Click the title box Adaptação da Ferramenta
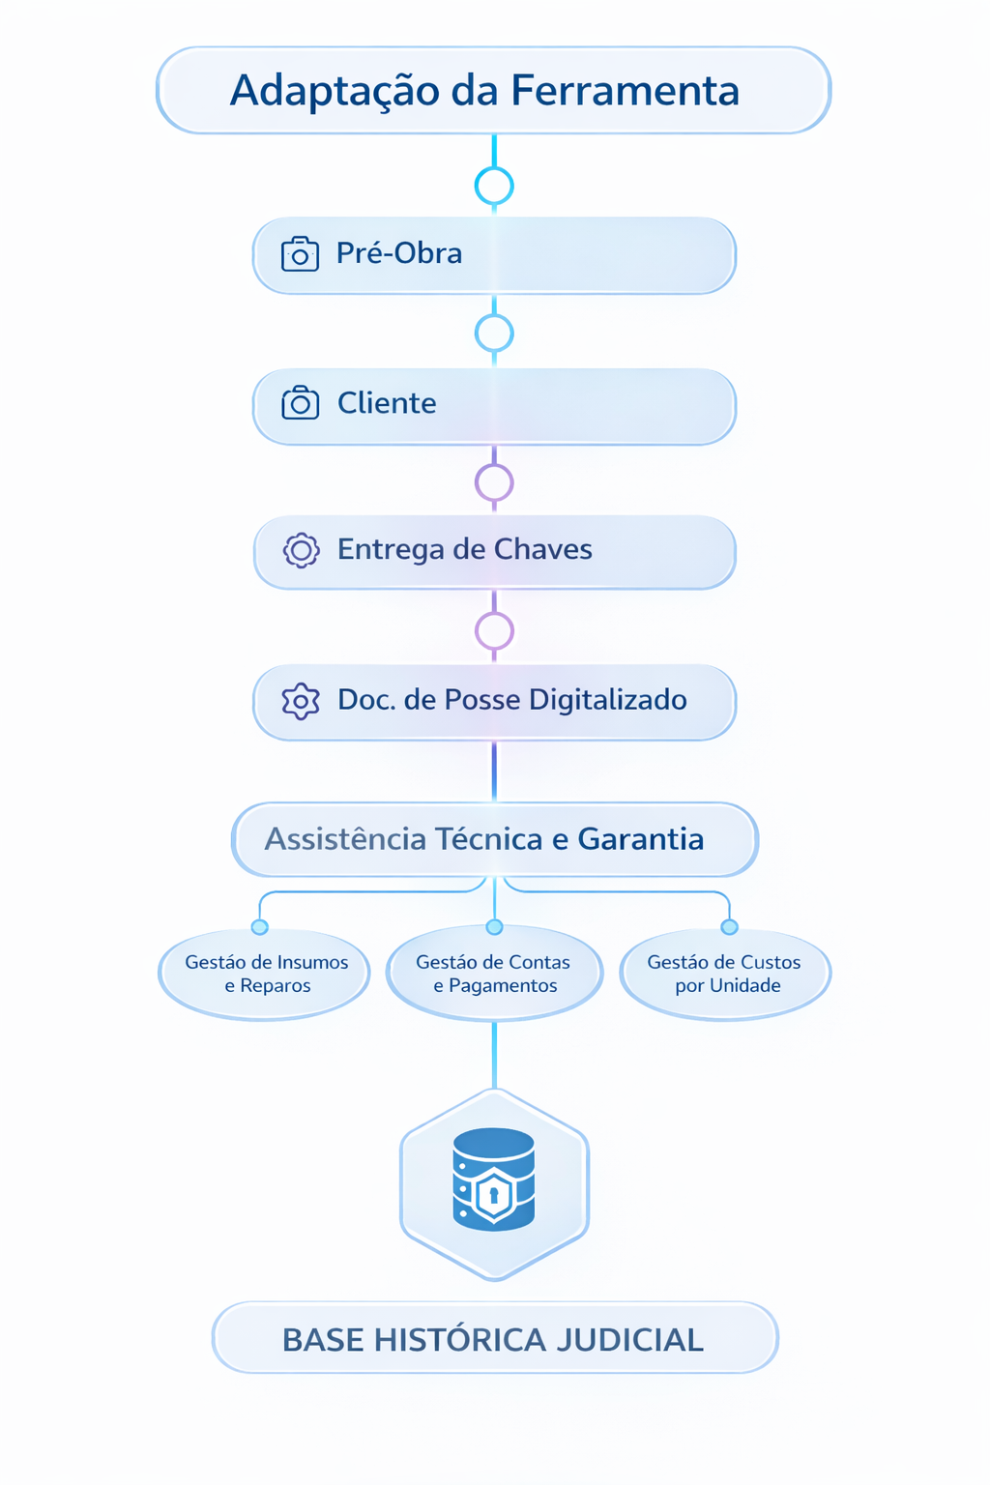(493, 90)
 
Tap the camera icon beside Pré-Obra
(300, 254)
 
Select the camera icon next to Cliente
(300, 403)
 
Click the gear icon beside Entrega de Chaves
(301, 550)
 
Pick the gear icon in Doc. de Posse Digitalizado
(300, 701)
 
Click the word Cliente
(387, 403)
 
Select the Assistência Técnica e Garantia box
(494, 839)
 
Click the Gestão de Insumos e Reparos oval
(265, 974)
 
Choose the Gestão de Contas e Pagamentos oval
(494, 974)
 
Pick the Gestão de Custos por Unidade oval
(725, 974)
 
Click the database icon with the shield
(494, 1179)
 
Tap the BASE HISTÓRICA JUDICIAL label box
(494, 1339)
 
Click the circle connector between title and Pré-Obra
(494, 186)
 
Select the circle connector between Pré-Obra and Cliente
(494, 334)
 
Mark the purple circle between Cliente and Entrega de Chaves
(494, 481)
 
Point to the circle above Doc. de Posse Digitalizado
(494, 630)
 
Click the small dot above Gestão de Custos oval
(730, 927)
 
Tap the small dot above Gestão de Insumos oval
(259, 927)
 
